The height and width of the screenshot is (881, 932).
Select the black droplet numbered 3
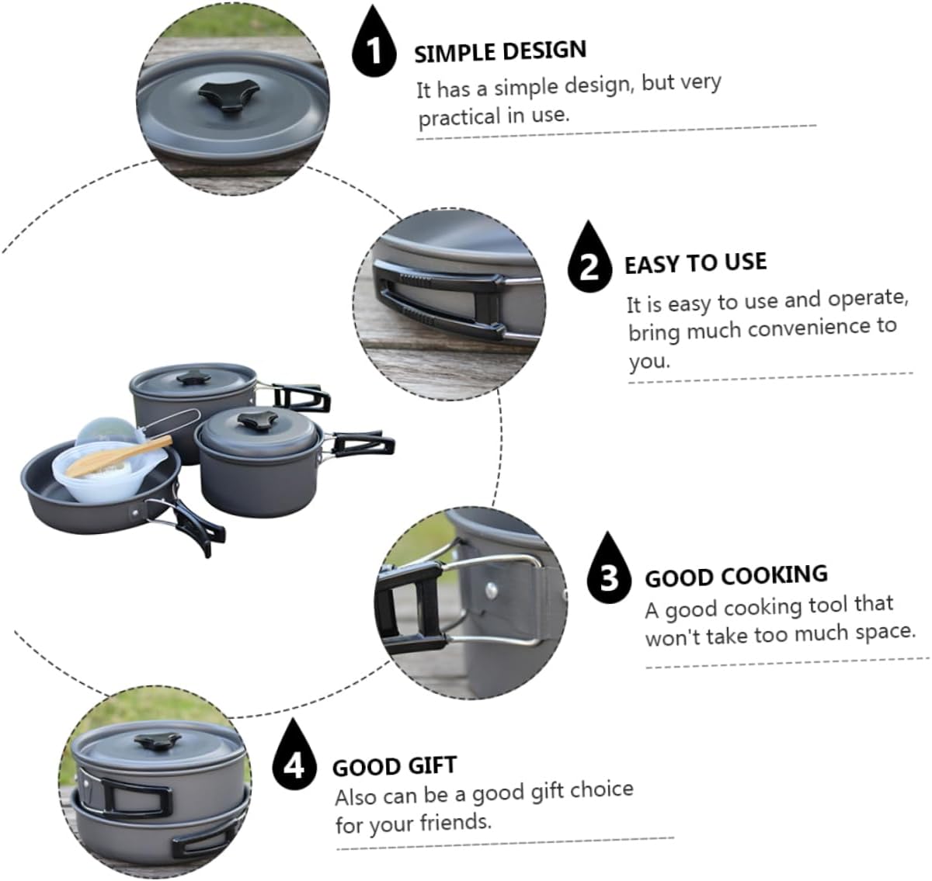point(610,575)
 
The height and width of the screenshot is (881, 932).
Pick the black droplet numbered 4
point(294,764)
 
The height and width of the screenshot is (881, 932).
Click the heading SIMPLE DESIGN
point(500,52)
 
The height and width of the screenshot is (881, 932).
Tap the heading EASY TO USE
point(695,263)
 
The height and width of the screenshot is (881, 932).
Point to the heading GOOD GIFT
point(395,766)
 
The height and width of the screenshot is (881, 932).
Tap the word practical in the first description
point(459,118)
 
